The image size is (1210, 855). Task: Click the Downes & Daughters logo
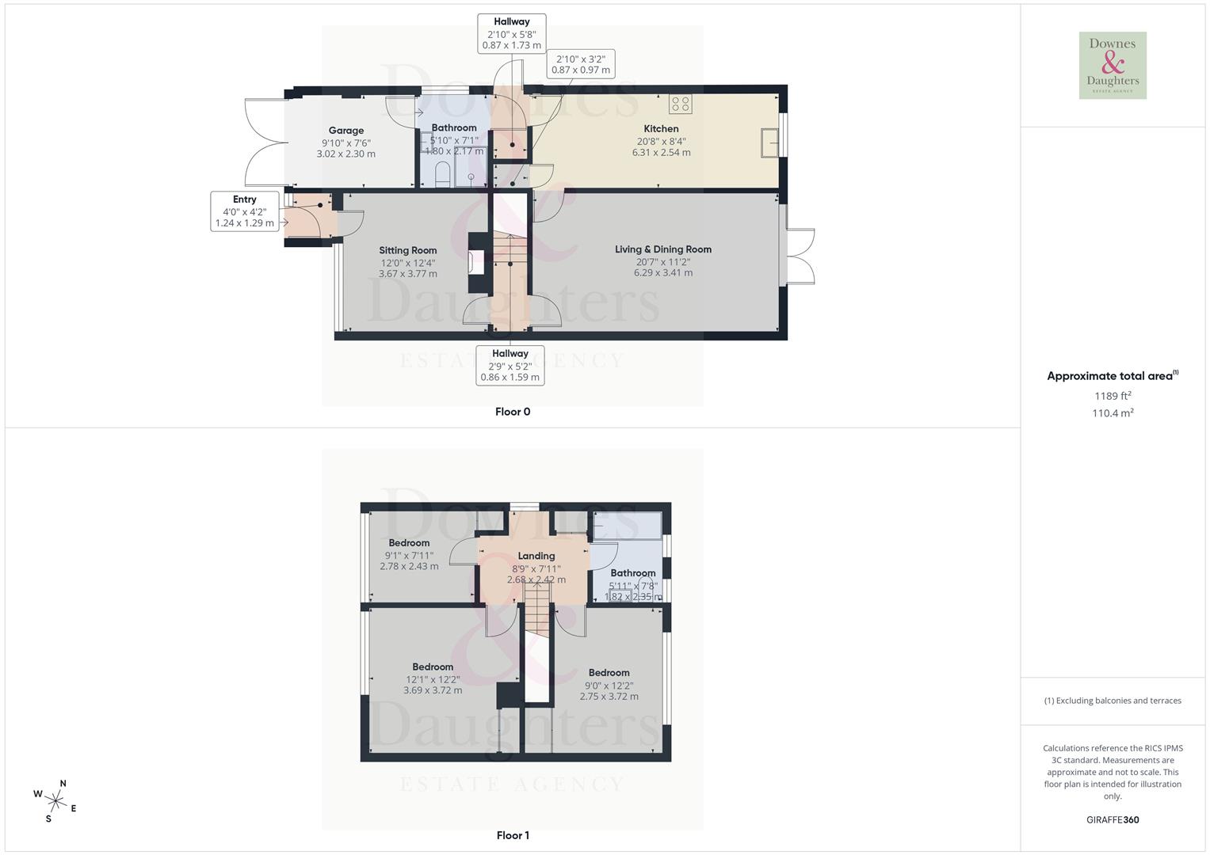[1113, 66]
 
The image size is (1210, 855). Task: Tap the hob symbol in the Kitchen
[680, 104]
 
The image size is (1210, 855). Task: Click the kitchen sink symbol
[769, 142]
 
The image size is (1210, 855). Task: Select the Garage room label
[346, 131]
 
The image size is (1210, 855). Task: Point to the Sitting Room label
[407, 250]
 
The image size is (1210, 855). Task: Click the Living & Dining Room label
[663, 249]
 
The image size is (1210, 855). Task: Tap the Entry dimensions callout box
[245, 211]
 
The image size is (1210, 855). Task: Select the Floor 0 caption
[513, 412]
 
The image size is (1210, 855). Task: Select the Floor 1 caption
[513, 835]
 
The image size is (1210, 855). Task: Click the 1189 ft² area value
[1113, 396]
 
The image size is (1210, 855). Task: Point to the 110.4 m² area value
[1113, 413]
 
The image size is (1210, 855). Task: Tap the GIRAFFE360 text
[1113, 819]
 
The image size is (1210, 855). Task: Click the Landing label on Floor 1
[536, 556]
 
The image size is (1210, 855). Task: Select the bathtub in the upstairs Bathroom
[627, 526]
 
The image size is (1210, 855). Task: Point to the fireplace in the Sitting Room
[476, 262]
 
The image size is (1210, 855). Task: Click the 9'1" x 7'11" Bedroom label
[409, 543]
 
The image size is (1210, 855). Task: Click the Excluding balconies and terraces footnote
[1113, 701]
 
